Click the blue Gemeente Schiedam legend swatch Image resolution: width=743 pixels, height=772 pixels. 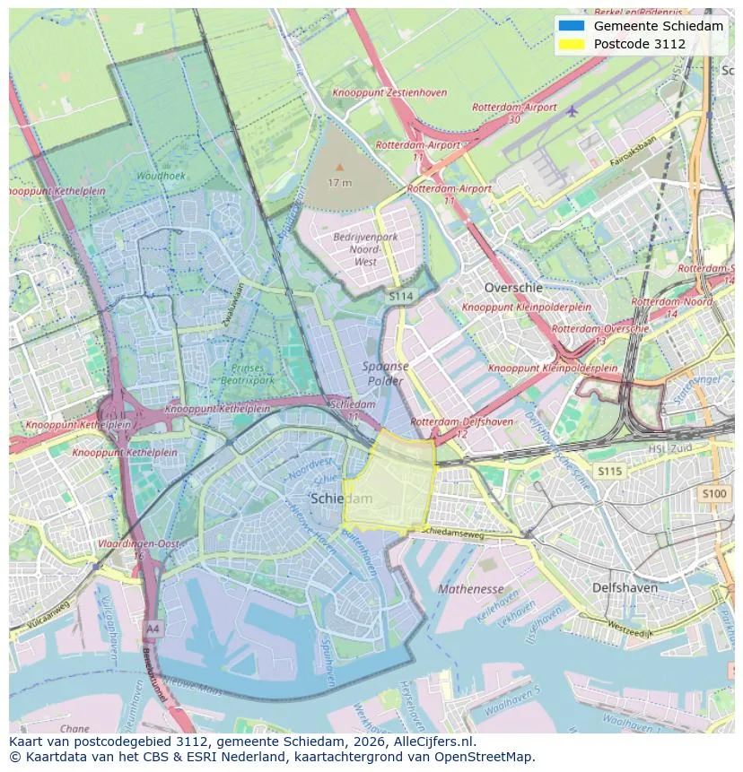pyautogui.click(x=570, y=26)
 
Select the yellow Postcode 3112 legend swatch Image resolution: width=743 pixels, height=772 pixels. pyautogui.click(x=570, y=44)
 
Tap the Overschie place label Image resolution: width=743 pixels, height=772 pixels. pyautogui.click(x=512, y=288)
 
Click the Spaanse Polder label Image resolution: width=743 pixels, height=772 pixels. pyautogui.click(x=385, y=373)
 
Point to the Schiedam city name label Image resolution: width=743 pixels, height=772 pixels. pyautogui.click(x=340, y=499)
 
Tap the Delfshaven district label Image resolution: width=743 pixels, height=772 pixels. pyautogui.click(x=625, y=588)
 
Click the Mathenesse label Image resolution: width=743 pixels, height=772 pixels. pyautogui.click(x=470, y=589)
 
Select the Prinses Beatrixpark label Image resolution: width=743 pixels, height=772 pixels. pyautogui.click(x=248, y=374)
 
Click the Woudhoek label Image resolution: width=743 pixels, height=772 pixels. pyautogui.click(x=162, y=177)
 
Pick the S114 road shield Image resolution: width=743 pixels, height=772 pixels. pyautogui.click(x=400, y=295)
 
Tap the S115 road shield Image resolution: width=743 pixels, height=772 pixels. pyautogui.click(x=609, y=472)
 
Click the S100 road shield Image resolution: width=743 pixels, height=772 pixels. pyautogui.click(x=714, y=493)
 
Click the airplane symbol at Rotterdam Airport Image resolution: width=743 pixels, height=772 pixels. pyautogui.click(x=573, y=110)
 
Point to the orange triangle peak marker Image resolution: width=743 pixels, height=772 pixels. pyautogui.click(x=339, y=167)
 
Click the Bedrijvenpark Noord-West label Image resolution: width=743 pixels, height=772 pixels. pyautogui.click(x=365, y=249)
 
